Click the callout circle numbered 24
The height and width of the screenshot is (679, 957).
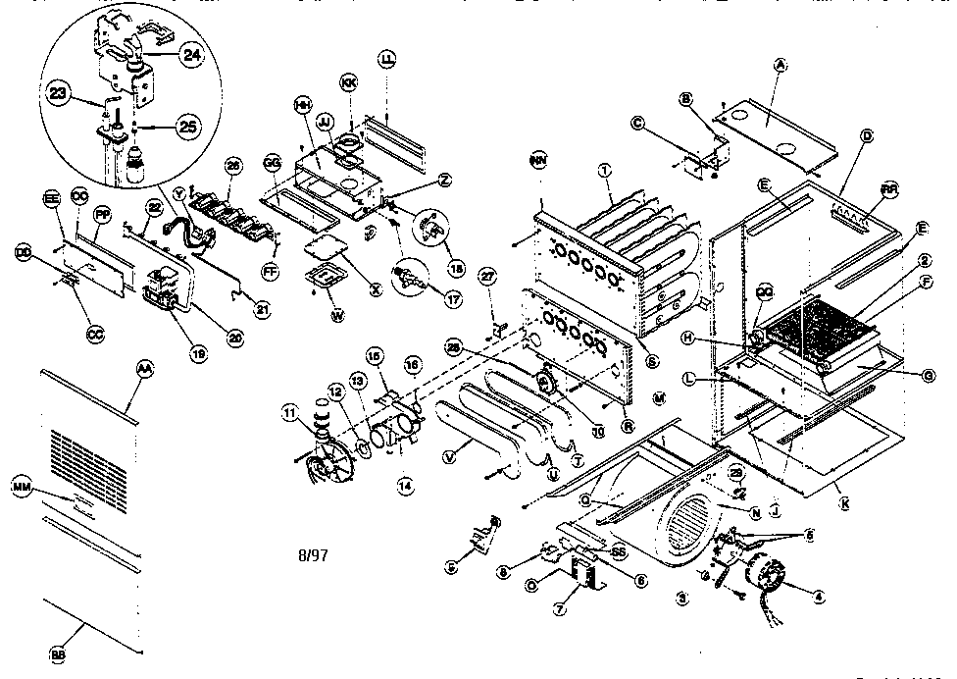[191, 55]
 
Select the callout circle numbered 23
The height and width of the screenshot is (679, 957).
[59, 96]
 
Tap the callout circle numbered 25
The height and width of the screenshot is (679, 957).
[188, 127]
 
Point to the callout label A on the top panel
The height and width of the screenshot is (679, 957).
[781, 65]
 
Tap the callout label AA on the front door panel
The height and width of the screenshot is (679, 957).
[144, 367]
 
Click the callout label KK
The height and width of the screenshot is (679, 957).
[348, 83]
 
